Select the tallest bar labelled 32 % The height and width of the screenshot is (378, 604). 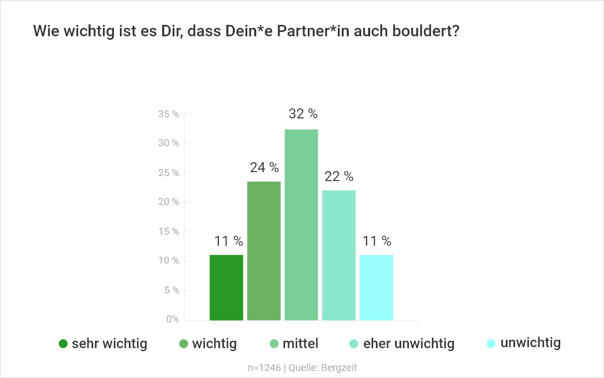coord(301,224)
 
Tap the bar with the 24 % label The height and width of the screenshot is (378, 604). coord(264,251)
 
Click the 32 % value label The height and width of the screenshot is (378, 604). coord(303,114)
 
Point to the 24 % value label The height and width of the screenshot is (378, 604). coord(264,168)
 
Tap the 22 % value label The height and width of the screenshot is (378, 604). coord(339,177)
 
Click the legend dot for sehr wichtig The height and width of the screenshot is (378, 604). coord(63,344)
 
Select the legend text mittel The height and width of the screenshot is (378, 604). coord(301,344)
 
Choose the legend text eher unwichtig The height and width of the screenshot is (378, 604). coord(409,344)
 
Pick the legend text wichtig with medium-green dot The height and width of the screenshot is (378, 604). coord(214,344)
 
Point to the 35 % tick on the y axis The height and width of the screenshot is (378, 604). coord(169,114)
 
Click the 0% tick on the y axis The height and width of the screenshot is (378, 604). coord(172,319)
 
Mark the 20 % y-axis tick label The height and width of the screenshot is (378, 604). coord(169,202)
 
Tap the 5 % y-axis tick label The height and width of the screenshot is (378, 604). coord(171,290)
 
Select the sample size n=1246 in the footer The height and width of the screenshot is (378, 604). coord(264,368)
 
